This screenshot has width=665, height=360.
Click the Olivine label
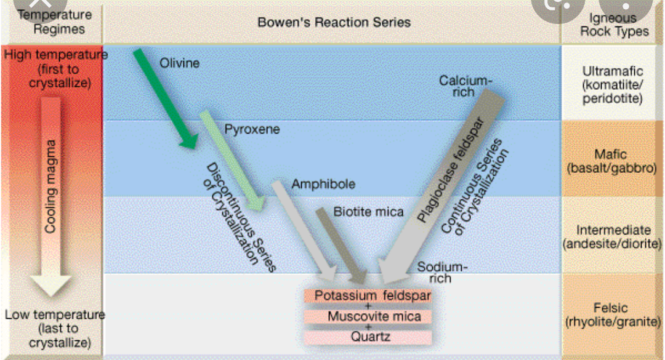pyautogui.click(x=179, y=63)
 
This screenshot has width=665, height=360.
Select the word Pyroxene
pyautogui.click(x=252, y=130)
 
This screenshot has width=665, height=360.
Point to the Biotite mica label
pyautogui.click(x=368, y=212)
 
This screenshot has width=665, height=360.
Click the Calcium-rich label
pyautogui.click(x=465, y=86)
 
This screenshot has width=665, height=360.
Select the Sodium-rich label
pyautogui.click(x=441, y=273)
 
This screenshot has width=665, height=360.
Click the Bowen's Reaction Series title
pyautogui.click(x=334, y=23)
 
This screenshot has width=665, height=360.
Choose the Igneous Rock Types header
pyautogui.click(x=614, y=24)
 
